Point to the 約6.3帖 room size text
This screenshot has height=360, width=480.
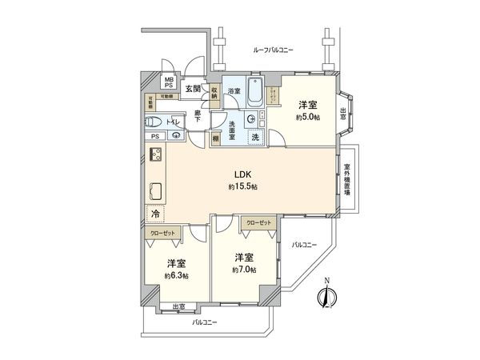click(x=177, y=276)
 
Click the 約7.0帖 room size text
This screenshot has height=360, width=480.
click(x=244, y=270)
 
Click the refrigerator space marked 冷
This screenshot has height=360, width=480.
click(x=154, y=214)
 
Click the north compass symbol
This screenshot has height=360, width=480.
click(x=325, y=297)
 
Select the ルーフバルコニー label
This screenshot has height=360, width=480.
click(x=273, y=50)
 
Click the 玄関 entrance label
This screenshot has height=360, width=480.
click(x=193, y=89)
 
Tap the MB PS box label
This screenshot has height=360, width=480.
click(x=169, y=82)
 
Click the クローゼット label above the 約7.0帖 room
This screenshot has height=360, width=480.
click(x=258, y=222)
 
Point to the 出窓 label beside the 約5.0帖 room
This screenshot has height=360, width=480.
click(x=343, y=113)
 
